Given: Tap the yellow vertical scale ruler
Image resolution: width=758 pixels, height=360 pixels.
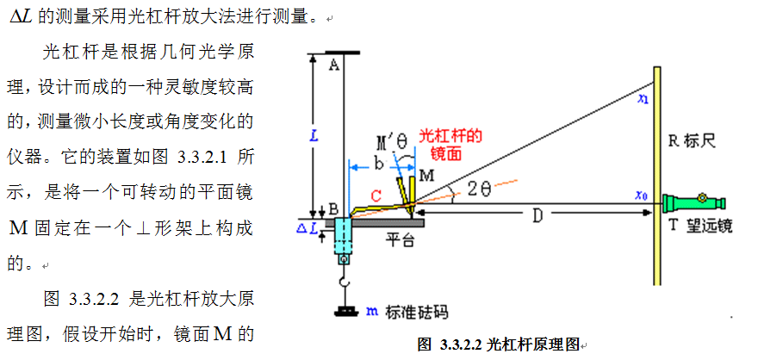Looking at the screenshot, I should tap(657, 172).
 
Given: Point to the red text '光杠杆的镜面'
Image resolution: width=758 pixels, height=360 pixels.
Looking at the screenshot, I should tap(450, 144).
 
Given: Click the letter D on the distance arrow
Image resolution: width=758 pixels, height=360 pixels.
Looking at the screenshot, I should tap(536, 215).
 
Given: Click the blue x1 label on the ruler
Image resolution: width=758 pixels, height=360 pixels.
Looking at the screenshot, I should tap(643, 100).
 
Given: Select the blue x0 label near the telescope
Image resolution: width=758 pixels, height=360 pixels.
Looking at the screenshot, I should tap(641, 196).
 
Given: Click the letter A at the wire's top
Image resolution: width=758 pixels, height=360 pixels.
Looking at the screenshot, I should tap(333, 65).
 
